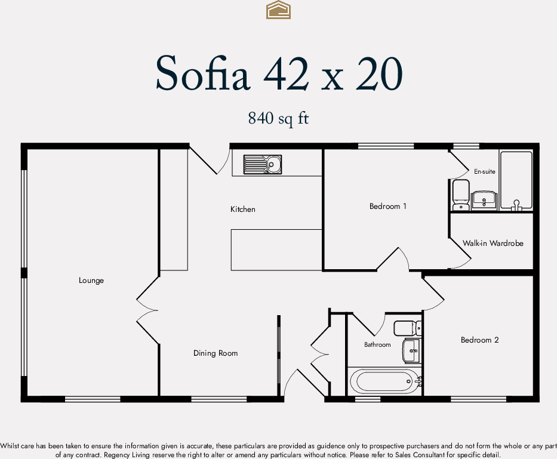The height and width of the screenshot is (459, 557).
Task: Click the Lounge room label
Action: click(91, 281)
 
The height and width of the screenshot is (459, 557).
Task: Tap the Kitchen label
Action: click(243, 210)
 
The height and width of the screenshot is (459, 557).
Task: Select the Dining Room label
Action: click(216, 353)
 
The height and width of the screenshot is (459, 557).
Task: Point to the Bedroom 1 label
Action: click(388, 207)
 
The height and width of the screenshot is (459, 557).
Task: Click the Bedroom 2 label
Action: click(479, 340)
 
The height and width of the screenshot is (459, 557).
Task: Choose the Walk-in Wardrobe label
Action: click(493, 244)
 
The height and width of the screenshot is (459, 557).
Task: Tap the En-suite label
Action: click(484, 172)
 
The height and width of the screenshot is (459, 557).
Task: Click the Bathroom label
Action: click(377, 345)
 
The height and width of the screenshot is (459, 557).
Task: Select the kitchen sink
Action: click(263, 164)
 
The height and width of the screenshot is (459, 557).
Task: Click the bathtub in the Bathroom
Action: click(385, 380)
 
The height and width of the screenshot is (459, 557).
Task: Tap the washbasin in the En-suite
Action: click(484, 199)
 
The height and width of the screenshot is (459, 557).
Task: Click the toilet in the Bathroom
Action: click(407, 328)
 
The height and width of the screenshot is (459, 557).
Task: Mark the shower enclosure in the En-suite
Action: click(515, 180)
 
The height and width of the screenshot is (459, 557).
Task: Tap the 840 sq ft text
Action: click(278, 119)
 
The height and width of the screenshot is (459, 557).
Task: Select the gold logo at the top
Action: click(278, 10)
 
